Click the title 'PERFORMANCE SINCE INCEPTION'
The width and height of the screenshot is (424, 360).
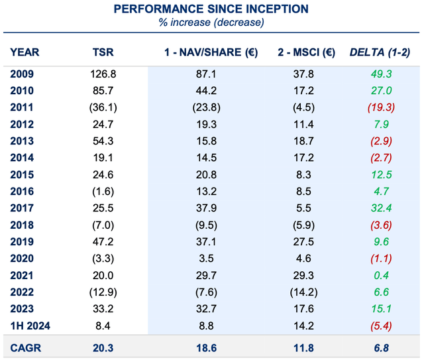pos(211,9)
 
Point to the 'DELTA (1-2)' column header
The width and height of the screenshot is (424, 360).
pos(380,52)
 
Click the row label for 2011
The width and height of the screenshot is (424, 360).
pos(23,107)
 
